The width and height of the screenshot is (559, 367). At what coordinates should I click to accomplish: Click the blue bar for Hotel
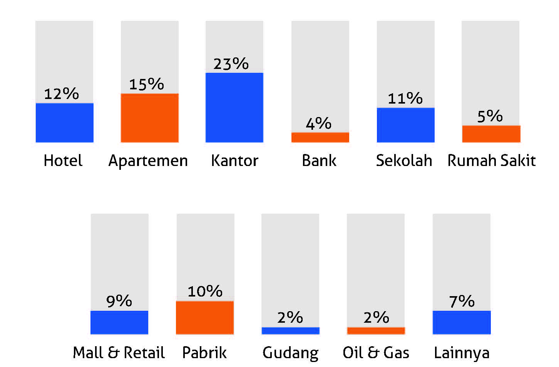65,122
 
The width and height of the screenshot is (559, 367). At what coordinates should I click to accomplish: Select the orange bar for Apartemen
150,118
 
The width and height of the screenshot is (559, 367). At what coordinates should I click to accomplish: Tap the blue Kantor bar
234,107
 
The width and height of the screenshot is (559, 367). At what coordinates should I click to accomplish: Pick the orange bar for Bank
320,137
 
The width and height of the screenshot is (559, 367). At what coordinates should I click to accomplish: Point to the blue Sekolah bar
406,125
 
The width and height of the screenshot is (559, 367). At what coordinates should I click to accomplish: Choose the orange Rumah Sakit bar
491,134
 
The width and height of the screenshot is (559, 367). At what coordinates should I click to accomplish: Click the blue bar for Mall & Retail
119,322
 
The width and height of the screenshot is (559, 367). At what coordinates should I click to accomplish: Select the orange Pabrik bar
205,318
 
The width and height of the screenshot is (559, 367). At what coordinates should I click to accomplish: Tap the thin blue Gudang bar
291,330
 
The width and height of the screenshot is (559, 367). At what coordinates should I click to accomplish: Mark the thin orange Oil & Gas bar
376,330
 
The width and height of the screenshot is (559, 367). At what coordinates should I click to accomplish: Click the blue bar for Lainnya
462,322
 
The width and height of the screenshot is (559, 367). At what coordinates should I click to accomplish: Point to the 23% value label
231,64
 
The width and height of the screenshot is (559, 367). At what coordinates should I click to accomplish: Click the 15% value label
147,84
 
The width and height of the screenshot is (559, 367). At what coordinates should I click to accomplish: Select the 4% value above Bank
319,123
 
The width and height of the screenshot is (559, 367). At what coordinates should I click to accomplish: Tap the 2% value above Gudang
290,317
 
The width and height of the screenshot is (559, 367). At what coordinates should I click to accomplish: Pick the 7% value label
462,301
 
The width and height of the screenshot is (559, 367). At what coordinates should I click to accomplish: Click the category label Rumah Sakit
492,160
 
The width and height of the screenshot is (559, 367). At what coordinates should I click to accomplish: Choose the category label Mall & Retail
119,352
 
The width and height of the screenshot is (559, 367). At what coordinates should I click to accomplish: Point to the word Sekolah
404,160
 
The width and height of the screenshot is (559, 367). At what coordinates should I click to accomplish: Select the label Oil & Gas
376,352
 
